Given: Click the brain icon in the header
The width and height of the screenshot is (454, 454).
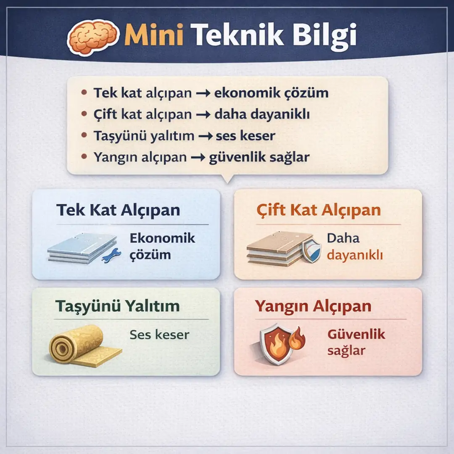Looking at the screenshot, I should point(93,37).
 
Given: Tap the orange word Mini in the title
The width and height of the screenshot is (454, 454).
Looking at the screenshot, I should point(154,36).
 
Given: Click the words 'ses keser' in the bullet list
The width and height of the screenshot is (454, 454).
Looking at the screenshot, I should point(245,136).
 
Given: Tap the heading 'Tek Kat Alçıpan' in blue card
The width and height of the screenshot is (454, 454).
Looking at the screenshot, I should point(118,210).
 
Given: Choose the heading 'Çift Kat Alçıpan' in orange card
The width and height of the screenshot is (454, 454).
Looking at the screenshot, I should point(319,210).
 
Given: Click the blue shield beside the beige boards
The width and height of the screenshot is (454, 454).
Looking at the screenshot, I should point(311,251).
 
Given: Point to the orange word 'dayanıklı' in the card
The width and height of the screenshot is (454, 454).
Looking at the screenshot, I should point(355,255).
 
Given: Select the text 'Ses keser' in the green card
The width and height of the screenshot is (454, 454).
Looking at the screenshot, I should point(159,335).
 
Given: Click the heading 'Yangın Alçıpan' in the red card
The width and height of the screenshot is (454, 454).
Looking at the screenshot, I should point(313,306).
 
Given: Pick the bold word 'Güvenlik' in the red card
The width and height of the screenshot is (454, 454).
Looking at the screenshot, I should point(356,335).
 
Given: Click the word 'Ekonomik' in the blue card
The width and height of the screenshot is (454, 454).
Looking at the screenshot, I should point(162,238).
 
